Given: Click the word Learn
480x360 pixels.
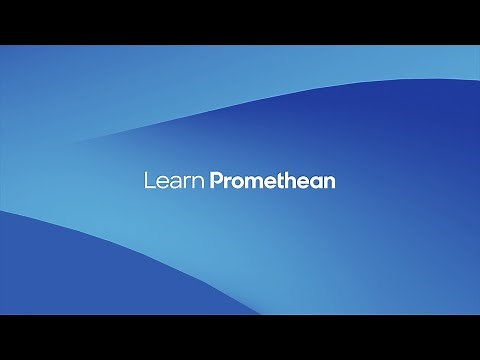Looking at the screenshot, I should pyautogui.click(x=174, y=181).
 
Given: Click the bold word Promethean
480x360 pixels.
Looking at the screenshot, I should pyautogui.click(x=272, y=181).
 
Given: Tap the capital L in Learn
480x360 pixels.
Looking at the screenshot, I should pyautogui.click(x=149, y=181).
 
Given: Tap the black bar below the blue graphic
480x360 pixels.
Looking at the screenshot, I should pyautogui.click(x=240, y=337).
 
